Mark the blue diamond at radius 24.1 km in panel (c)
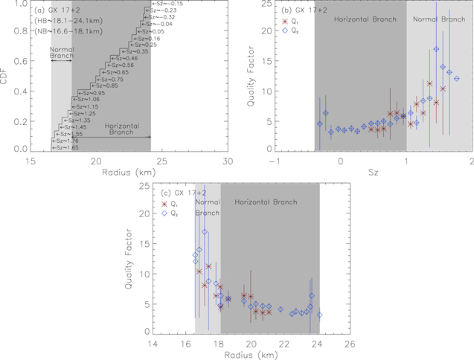coord(319,315)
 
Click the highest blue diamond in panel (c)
coord(205,232)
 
